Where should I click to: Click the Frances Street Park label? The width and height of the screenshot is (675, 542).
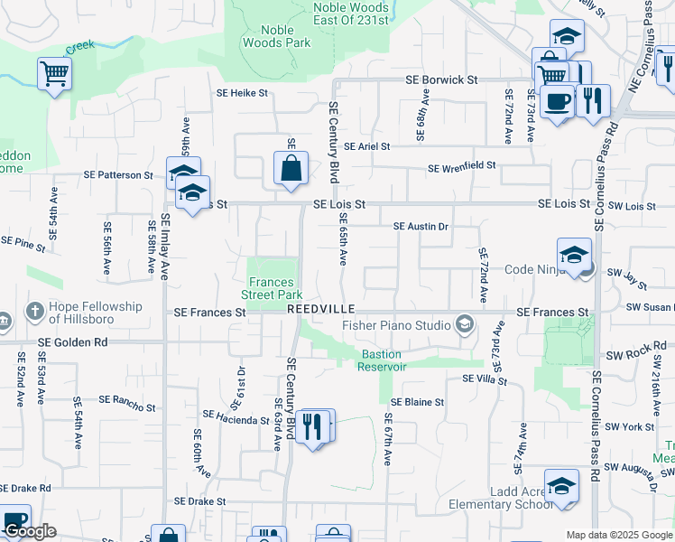pos(273,287)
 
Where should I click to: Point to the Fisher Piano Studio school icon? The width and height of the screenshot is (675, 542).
pos(465,324)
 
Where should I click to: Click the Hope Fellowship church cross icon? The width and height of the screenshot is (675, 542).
pos(35,312)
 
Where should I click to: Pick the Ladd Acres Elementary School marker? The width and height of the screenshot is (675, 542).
pos(561,486)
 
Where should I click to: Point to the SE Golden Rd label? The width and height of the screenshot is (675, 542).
pos(74,342)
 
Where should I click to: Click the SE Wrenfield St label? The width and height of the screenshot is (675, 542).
pos(462,167)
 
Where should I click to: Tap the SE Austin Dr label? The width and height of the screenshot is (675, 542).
pos(421,226)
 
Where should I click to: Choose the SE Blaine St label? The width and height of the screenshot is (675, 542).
pos(417,402)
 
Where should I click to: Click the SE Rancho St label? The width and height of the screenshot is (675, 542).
pos(131,400)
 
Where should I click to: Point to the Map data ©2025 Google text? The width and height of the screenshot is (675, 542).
pos(618,535)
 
